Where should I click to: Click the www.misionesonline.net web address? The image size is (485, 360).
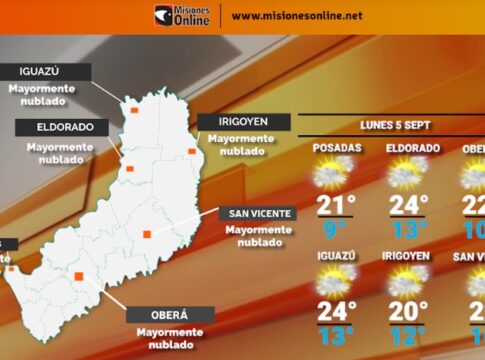pyautogui.click(x=297, y=16)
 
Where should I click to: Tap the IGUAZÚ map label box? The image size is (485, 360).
pyautogui.click(x=48, y=71)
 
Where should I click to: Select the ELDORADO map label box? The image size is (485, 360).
pyautogui.click(x=55, y=127)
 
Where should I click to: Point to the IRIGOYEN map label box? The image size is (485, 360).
pyautogui.click(x=244, y=122)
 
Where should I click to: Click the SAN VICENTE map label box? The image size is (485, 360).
pyautogui.click(x=259, y=213)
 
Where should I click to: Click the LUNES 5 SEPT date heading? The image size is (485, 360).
pyautogui.click(x=398, y=127)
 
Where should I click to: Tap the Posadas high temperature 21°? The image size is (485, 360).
pyautogui.click(x=337, y=206)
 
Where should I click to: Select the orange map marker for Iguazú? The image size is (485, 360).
pyautogui.click(x=134, y=110)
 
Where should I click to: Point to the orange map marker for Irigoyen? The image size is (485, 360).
pyautogui.click(x=192, y=152)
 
